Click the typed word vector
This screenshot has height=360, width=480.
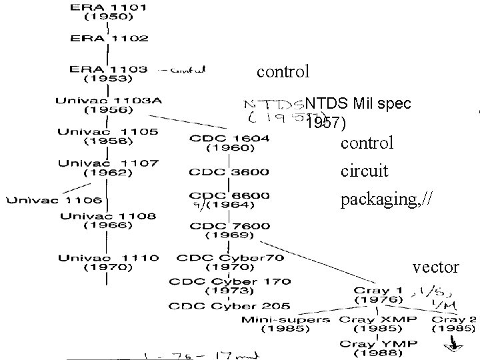pyautogui.click(x=436, y=267)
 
